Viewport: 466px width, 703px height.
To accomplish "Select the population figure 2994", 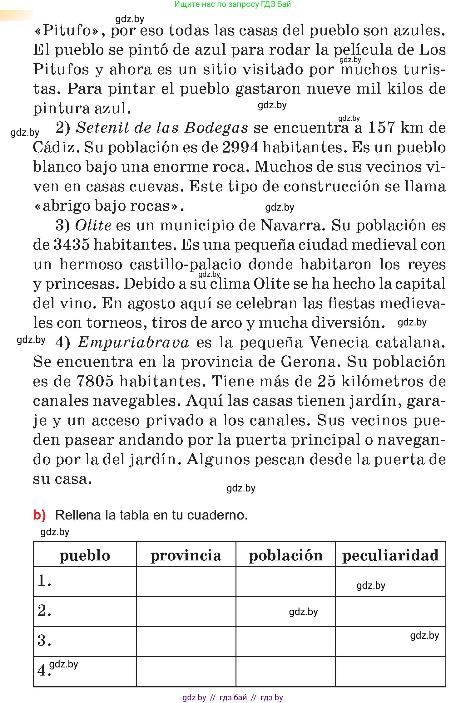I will [240, 147].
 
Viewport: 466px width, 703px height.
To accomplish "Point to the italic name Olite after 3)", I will [93, 225].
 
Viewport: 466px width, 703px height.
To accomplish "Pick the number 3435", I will [72, 245].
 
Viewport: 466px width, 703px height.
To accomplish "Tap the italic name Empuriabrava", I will [133, 342].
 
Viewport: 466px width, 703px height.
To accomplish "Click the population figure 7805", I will [95, 381].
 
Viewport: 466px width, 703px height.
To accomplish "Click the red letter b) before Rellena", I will [39, 515].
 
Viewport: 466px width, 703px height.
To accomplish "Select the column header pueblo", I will [85, 556].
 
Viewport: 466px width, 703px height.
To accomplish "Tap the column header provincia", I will [186, 556].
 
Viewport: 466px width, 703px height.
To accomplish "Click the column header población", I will [285, 556].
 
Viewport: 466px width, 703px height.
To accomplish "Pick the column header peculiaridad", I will [390, 556].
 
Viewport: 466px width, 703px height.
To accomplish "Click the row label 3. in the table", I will [44, 641].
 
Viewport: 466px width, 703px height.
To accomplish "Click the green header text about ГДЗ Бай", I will [232, 4].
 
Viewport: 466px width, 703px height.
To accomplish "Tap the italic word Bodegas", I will [216, 128].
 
